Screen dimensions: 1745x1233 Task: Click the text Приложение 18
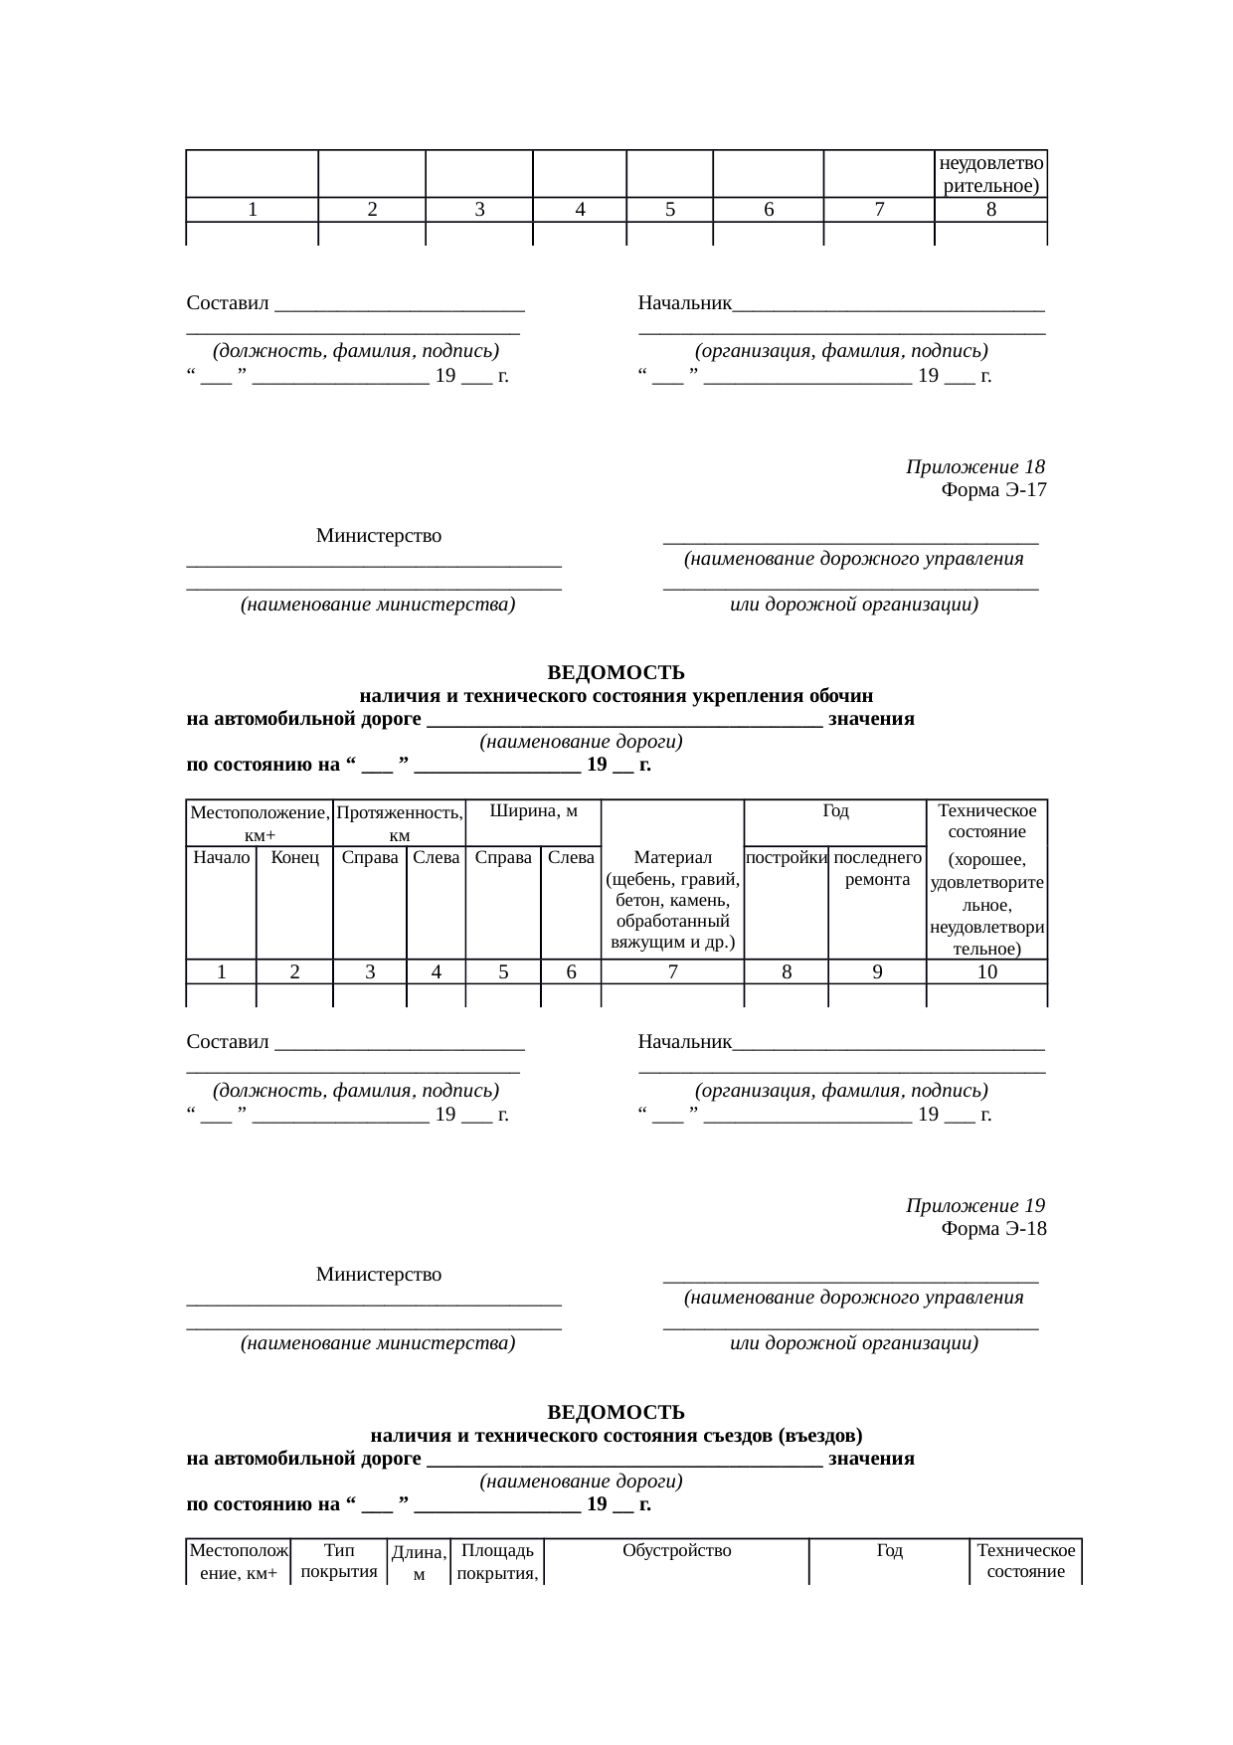[x=974, y=467]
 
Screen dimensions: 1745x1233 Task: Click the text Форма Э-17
[x=992, y=490]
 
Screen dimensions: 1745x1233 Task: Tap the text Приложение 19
[x=974, y=1206]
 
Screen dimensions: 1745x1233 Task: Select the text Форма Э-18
[x=992, y=1229]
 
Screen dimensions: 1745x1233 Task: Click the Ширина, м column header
[x=534, y=811]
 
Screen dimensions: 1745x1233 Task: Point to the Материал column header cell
[x=672, y=899]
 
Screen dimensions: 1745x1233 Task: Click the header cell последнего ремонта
[x=877, y=868]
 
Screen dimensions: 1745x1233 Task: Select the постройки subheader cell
[x=786, y=857]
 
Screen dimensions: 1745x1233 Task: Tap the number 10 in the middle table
[x=986, y=972]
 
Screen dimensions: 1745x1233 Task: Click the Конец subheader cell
[x=294, y=857]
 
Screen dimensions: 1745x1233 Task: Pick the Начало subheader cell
[x=221, y=857]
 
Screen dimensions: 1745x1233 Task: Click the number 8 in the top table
[x=990, y=210]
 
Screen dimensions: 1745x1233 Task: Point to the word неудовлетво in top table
[x=990, y=163]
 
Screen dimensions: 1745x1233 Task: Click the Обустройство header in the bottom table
[x=676, y=1551]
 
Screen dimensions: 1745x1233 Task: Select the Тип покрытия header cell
[x=338, y=1561]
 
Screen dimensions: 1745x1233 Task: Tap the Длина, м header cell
[x=419, y=1563]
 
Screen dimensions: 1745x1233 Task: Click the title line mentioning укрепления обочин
[x=616, y=696]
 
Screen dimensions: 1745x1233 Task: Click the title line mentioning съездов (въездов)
[x=616, y=1436]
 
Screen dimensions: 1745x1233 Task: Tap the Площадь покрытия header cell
[x=497, y=1561]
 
